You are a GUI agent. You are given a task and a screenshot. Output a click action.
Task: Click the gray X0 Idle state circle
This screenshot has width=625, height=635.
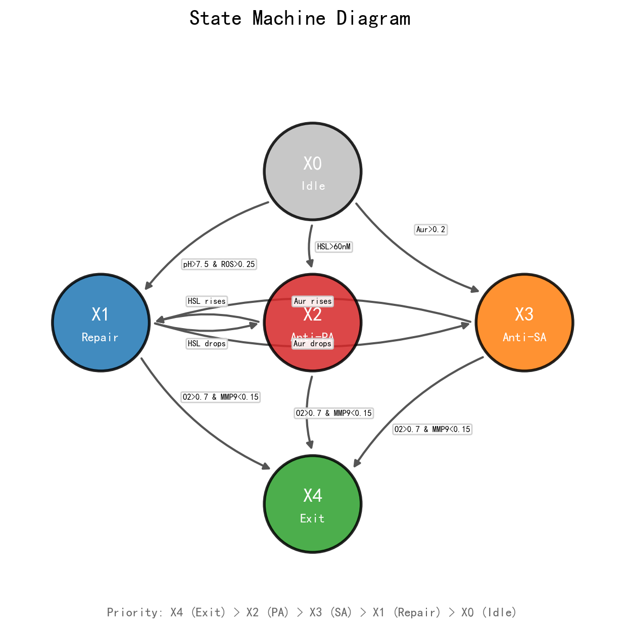312,172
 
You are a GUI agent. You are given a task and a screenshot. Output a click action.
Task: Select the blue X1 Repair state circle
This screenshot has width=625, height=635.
101,323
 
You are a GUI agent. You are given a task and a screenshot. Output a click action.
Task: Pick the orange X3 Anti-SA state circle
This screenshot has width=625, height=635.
524,323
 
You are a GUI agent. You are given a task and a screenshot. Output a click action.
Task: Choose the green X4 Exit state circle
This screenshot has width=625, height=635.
312,504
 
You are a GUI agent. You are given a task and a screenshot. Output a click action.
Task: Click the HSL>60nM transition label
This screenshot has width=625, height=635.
333,247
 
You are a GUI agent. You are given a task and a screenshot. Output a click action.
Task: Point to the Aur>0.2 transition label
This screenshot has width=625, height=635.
430,230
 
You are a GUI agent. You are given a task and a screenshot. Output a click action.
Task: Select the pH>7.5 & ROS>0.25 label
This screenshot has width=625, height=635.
219,264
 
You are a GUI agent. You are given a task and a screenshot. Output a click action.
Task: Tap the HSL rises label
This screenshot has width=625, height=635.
207,301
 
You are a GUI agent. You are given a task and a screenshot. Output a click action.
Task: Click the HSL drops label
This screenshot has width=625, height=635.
207,344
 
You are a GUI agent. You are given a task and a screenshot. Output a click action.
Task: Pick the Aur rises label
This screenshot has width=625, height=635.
313,301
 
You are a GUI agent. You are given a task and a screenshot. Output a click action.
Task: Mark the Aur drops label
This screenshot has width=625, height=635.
313,344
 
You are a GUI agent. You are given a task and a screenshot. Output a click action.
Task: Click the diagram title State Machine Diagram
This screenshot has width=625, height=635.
300,19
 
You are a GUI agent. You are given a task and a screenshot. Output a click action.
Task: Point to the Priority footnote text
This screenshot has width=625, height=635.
312,612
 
